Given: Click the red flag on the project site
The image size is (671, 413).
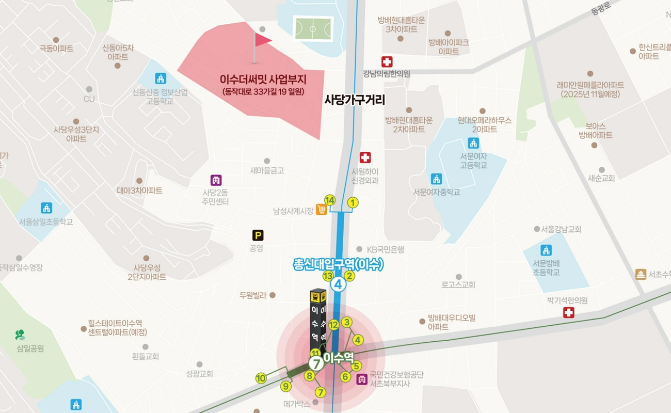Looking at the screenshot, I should [262, 41].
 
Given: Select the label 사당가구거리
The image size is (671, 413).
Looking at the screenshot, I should [355, 100].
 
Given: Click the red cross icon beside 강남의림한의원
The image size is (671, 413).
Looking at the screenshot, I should [387, 62].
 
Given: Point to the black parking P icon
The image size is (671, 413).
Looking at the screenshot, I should [258, 235].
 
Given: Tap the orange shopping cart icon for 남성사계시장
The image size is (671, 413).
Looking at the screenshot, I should [322, 210].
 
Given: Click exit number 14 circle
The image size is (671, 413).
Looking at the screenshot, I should [330, 200].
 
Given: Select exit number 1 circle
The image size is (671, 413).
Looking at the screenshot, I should [353, 203].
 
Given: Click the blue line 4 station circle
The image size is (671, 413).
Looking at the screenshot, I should [339, 284].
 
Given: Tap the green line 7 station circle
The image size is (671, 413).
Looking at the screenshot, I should [316, 363].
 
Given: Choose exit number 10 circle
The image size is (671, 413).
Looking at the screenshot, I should [261, 378].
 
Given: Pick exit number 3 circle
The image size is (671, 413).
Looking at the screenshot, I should [347, 322].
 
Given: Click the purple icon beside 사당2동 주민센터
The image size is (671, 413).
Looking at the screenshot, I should [216, 180].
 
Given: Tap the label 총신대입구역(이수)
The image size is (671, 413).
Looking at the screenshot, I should [338, 265].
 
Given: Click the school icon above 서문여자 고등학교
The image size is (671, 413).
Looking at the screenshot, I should [473, 143].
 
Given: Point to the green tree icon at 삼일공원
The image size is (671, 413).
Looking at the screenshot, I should [21, 335].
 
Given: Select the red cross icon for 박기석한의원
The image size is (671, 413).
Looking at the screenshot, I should [568, 312].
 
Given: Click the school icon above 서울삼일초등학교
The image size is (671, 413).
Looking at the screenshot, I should [46, 208].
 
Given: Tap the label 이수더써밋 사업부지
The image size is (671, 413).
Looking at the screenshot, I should [263, 80].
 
